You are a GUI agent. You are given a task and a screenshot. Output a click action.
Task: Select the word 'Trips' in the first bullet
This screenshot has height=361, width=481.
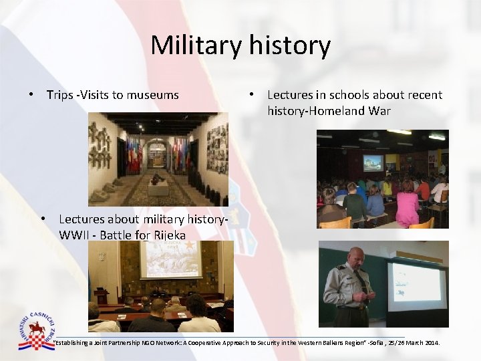59,95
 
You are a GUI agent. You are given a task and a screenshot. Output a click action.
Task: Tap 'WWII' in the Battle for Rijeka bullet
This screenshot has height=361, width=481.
75,235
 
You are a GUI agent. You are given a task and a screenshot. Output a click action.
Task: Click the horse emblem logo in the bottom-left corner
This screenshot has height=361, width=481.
39,331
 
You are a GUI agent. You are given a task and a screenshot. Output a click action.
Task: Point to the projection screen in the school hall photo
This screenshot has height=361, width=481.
373,162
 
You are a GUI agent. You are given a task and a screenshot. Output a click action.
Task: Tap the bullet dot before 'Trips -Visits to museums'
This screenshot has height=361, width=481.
32,95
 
